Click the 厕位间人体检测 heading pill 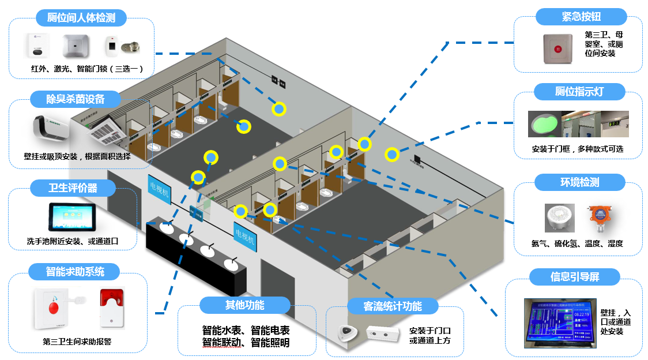(x=81, y=18)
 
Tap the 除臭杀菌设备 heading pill (x=76, y=99)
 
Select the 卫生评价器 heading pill (x=73, y=188)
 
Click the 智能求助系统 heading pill (x=75, y=271)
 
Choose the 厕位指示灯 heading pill (x=581, y=92)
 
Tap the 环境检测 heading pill (x=580, y=182)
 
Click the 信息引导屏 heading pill (x=575, y=277)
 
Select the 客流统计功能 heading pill (x=393, y=306)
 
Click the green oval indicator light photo (x=544, y=123)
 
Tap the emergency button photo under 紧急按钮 (x=557, y=50)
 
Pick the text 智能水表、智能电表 (x=246, y=331)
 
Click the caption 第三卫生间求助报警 (x=77, y=342)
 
